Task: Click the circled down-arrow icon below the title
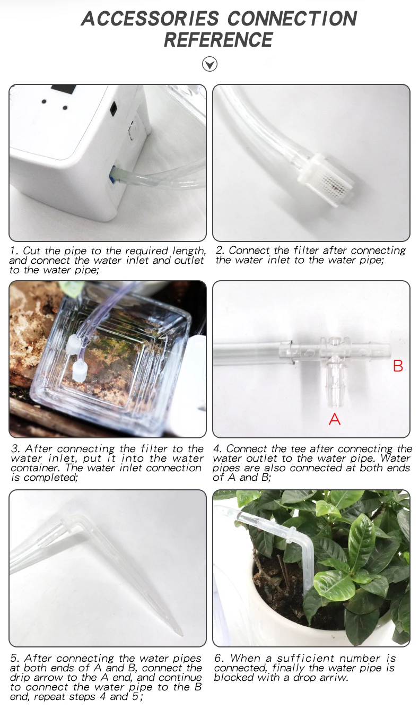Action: [210, 64]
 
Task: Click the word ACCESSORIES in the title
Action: [150, 19]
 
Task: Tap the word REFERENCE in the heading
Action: [218, 40]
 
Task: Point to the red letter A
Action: [335, 419]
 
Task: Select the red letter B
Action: [398, 366]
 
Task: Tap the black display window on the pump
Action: [63, 89]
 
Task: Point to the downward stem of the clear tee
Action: [334, 387]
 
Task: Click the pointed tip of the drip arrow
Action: [181, 634]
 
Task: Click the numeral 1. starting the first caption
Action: [14, 250]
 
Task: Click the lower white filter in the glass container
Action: [80, 372]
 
